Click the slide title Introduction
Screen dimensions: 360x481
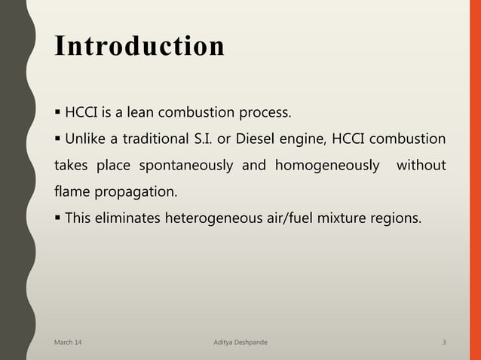click(139, 45)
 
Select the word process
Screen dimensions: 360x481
click(265, 114)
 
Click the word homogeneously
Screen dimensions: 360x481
click(327, 165)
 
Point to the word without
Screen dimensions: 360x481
click(421, 165)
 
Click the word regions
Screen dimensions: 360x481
click(400, 218)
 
